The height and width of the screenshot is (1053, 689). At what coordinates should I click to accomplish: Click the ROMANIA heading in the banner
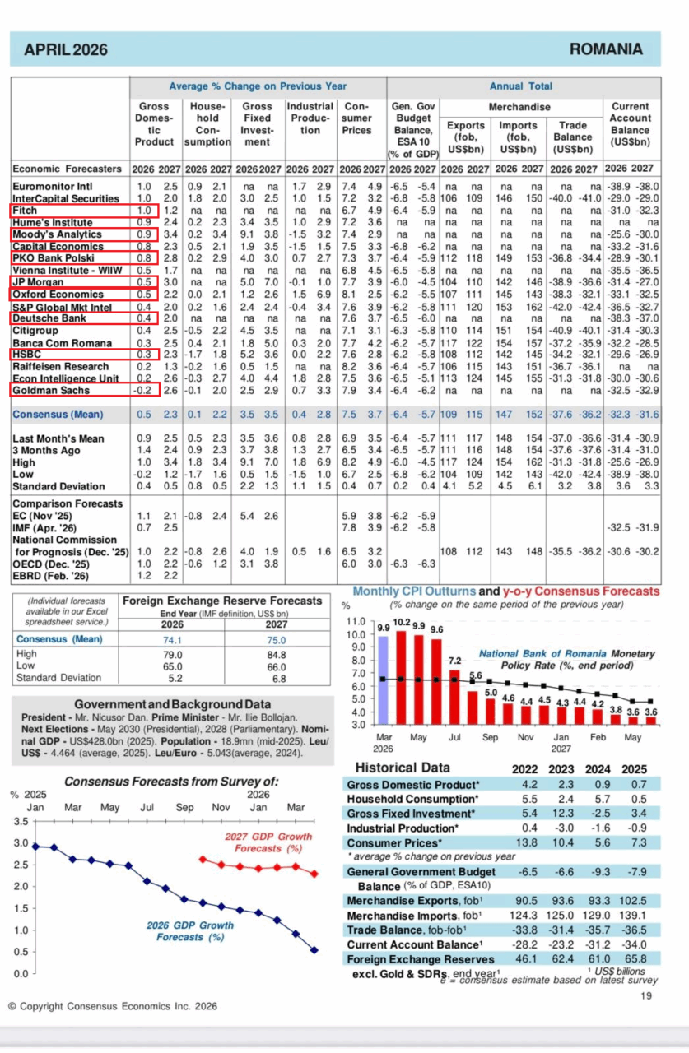coord(605,49)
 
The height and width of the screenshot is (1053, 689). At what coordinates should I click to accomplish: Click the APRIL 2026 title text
coord(66,50)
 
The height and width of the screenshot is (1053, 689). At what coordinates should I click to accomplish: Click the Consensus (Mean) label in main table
coord(58,415)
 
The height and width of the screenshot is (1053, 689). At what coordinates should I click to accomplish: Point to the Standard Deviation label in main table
coord(54,487)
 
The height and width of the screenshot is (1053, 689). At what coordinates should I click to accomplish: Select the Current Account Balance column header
coord(631,124)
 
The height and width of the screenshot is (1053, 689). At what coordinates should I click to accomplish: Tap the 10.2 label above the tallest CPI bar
coord(402,623)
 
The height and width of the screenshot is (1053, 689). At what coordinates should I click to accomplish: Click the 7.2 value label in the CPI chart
coord(454,661)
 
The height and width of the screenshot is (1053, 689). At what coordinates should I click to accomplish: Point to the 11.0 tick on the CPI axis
coord(356,621)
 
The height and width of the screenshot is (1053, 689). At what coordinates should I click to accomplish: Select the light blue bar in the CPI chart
coord(383,680)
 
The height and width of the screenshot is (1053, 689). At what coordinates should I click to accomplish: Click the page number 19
coord(646,997)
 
